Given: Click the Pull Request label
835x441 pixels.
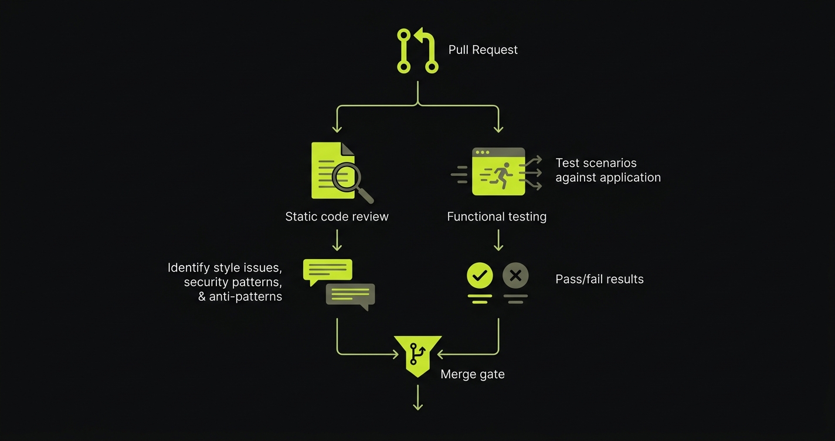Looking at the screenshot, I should (483, 50).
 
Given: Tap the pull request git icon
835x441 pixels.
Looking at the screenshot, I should (417, 51).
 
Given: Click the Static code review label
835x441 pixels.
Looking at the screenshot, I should (337, 216).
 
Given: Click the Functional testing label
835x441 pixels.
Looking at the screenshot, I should (496, 216).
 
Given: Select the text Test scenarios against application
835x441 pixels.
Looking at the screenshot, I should (607, 170).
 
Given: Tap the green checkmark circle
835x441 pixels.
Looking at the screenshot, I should (480, 275).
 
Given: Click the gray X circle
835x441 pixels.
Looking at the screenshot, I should (515, 275).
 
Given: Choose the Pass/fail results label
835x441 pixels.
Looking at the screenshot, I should (599, 279).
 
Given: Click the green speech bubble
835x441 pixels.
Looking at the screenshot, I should (327, 270).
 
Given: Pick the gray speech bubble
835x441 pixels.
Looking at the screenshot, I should (351, 295).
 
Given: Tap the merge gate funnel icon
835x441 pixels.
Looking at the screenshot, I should (417, 354).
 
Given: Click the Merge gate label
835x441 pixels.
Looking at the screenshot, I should (472, 374).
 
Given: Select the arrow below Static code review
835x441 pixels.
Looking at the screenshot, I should (337, 240).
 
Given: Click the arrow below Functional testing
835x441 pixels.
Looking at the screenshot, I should (498, 240).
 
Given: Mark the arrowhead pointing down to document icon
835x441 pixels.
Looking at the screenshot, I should (337, 128).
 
